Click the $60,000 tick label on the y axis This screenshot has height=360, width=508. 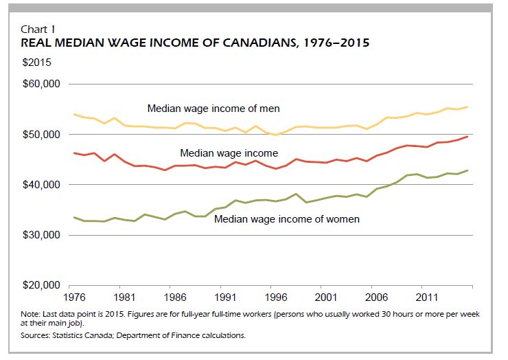42,84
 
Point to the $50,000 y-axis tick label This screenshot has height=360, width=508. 42,135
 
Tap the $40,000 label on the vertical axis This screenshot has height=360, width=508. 42,185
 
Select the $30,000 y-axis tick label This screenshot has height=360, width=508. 42,235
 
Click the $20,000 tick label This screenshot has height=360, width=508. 42,285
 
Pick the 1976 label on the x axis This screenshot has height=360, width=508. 73,299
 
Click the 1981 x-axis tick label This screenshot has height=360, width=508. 124,299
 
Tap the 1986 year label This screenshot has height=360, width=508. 175,299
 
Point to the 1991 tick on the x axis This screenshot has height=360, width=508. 227,299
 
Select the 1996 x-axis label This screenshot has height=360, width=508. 278,299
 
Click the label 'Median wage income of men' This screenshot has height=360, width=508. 213,109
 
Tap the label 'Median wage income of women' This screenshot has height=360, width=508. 286,220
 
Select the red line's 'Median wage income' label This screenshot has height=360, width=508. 229,153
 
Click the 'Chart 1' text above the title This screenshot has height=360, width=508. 38,29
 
